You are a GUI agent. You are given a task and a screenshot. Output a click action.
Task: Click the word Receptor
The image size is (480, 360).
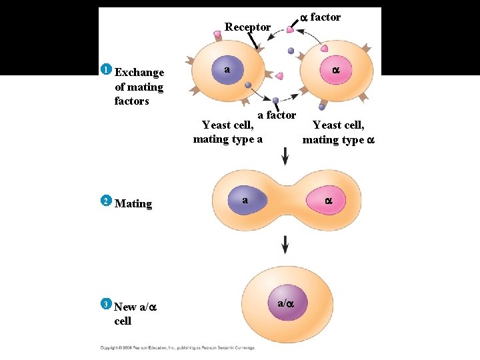[x=247, y=27]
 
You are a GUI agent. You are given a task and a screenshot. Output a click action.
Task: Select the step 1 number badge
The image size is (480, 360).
[x=105, y=69]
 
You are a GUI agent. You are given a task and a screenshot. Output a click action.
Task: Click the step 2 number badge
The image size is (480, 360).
[x=105, y=201]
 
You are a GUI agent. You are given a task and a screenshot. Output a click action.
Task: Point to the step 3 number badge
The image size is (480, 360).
[x=105, y=304]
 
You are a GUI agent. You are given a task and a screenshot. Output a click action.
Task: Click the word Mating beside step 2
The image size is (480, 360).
[x=133, y=204]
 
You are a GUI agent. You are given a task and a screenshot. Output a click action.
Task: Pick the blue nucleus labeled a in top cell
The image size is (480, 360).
[x=229, y=70]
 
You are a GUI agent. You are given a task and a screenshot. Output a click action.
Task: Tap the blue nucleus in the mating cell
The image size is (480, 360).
[x=246, y=200]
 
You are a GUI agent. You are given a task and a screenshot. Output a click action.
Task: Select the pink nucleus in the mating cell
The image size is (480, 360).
[x=327, y=201]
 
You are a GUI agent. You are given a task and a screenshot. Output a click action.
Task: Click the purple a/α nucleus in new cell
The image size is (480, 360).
[x=285, y=303]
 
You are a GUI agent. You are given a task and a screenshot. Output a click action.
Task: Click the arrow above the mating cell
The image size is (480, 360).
[x=285, y=157]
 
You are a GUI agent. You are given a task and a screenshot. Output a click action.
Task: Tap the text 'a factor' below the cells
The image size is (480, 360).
[x=277, y=115]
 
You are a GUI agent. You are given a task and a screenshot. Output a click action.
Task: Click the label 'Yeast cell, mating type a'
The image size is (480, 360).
[x=227, y=132]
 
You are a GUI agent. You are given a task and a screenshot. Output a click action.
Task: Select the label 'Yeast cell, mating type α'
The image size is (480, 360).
[x=338, y=133]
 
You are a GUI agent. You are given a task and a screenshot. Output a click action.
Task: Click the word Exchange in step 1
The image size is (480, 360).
[x=139, y=73]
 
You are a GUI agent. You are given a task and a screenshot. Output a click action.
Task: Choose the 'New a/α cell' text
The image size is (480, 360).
[x=134, y=313]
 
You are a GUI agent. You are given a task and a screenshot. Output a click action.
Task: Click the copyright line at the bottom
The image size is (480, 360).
[x=177, y=347]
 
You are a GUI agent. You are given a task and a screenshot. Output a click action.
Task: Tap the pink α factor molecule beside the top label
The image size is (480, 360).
[x=291, y=28]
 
